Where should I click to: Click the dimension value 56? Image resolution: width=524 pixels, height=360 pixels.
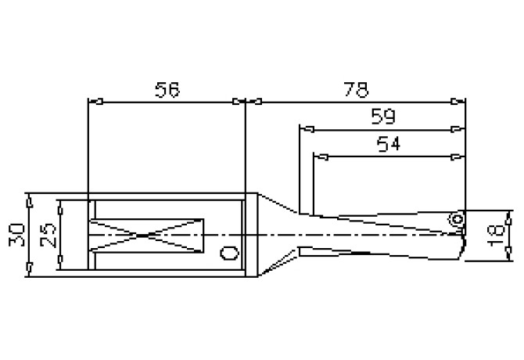click(x=167, y=89)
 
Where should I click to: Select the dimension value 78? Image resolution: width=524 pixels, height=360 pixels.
click(x=356, y=89)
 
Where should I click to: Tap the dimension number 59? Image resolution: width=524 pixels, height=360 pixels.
click(x=382, y=117)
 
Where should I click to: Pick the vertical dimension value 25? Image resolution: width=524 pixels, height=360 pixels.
click(x=47, y=236)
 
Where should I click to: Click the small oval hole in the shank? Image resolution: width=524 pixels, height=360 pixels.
click(x=228, y=254)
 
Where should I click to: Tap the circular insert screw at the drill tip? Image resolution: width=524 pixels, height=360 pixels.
click(x=454, y=220)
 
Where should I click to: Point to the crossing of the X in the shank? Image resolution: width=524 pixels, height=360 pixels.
click(x=146, y=235)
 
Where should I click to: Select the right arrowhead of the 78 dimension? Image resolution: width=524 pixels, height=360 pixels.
click(x=458, y=101)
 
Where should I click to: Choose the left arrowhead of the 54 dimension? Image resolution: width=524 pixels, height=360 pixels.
click(x=319, y=157)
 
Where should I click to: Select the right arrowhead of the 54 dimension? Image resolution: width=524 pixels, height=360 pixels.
click(x=458, y=157)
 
